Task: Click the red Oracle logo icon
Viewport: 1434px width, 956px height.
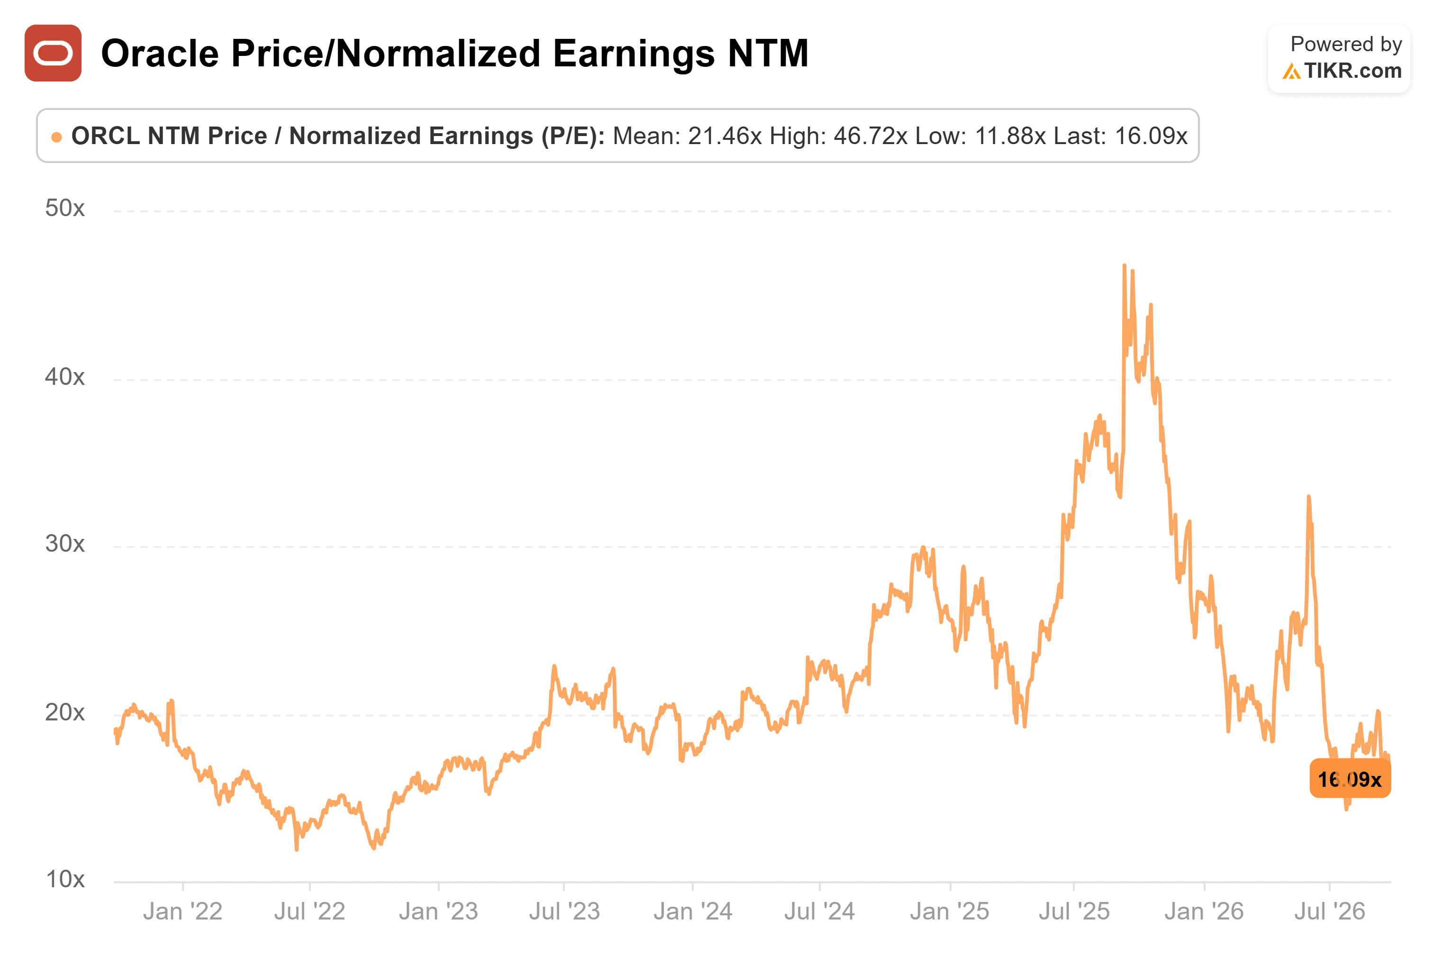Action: (x=53, y=53)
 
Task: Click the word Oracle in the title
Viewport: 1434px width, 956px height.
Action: (x=160, y=53)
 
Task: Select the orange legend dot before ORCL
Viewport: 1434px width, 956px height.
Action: (x=57, y=137)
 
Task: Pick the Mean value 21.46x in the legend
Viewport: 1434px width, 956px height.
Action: (x=725, y=136)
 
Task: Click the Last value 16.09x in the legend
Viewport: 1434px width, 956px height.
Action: (x=1151, y=136)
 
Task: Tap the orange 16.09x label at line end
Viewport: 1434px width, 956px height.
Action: (x=1350, y=779)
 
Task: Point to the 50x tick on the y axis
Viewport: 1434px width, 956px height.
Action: (x=64, y=209)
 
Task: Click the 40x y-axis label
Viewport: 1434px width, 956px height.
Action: (x=64, y=377)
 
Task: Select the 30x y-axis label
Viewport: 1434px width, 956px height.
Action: (x=64, y=544)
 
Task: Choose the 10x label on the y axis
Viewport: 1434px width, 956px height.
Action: (x=65, y=880)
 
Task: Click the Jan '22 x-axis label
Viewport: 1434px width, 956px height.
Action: (x=183, y=911)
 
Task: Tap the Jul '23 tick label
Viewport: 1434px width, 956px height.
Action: (x=564, y=911)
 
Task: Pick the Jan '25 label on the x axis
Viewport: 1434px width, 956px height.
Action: (x=950, y=911)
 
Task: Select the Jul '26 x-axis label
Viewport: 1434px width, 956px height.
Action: (x=1329, y=911)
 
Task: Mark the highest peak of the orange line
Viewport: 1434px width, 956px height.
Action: (x=1125, y=265)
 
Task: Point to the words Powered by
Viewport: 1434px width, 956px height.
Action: (x=1346, y=45)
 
